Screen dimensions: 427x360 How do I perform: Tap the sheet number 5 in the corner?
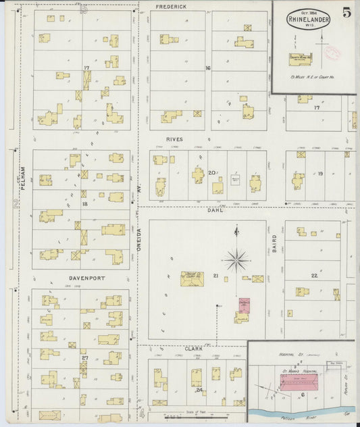346,11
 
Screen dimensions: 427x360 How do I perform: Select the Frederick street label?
171,7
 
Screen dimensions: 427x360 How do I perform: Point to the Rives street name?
174,139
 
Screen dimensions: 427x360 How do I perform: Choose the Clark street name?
194,349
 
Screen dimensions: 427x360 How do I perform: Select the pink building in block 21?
244,305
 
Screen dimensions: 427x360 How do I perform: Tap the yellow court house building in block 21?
192,278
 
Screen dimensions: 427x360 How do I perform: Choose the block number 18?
84,203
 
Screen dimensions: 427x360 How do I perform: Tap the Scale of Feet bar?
196,417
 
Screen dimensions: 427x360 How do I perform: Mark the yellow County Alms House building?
300,59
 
